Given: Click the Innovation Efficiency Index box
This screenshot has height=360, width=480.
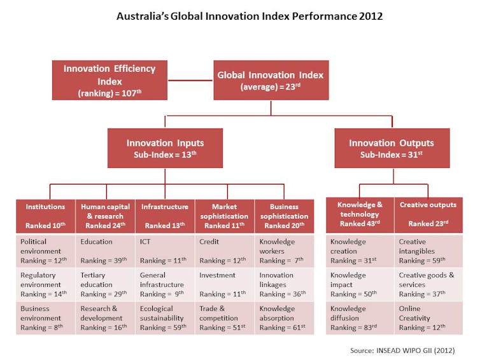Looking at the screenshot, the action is (x=109, y=80).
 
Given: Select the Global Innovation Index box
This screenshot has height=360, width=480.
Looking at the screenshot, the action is (x=271, y=80).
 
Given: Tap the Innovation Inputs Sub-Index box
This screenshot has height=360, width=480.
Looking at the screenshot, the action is (x=165, y=148).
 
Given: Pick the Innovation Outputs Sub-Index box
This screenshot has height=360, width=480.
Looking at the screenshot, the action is (x=392, y=148).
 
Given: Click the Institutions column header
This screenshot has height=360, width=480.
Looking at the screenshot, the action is (x=46, y=216).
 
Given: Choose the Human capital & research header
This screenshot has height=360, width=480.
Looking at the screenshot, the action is (x=105, y=216).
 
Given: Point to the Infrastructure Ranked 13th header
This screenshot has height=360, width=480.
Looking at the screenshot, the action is (x=165, y=216).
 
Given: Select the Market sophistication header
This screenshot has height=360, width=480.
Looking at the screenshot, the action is (x=224, y=216).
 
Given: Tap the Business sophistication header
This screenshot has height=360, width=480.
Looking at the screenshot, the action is (x=285, y=216).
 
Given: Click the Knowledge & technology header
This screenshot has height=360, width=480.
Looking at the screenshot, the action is (x=360, y=215).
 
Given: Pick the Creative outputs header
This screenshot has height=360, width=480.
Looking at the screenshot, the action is (x=428, y=215).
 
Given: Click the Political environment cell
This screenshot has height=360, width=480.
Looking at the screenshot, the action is (x=46, y=251).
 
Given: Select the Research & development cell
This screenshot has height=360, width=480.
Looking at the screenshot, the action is (x=105, y=318).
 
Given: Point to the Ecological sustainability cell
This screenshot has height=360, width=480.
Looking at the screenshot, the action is (x=165, y=318).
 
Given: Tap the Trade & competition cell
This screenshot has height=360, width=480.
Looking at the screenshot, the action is (x=224, y=318).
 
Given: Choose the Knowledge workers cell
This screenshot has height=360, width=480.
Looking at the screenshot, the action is (x=285, y=251).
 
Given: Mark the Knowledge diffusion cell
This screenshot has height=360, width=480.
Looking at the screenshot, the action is (x=360, y=318).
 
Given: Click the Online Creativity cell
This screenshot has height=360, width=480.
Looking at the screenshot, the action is (x=428, y=318).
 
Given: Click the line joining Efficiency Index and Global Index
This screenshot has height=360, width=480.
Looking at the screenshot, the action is (x=190, y=80).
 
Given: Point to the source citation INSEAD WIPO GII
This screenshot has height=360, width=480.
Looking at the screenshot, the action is (x=402, y=350).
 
